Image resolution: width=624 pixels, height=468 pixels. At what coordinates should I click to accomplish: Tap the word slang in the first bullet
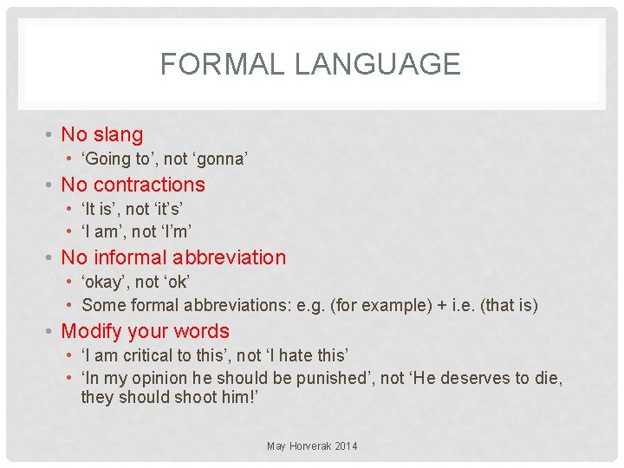pyautogui.click(x=118, y=134)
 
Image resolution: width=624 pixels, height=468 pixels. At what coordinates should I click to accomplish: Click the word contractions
pyautogui.click(x=149, y=185)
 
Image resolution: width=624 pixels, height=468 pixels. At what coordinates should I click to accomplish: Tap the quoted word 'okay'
pyautogui.click(x=104, y=282)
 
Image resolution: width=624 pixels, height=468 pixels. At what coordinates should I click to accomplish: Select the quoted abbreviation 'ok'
pyautogui.click(x=177, y=282)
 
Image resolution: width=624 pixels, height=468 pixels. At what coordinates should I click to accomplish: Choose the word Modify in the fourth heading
pyautogui.click(x=91, y=331)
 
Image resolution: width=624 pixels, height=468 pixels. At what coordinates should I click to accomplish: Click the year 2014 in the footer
pyautogui.click(x=344, y=446)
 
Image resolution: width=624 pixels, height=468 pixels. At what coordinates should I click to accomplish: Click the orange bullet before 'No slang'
pyautogui.click(x=51, y=135)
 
